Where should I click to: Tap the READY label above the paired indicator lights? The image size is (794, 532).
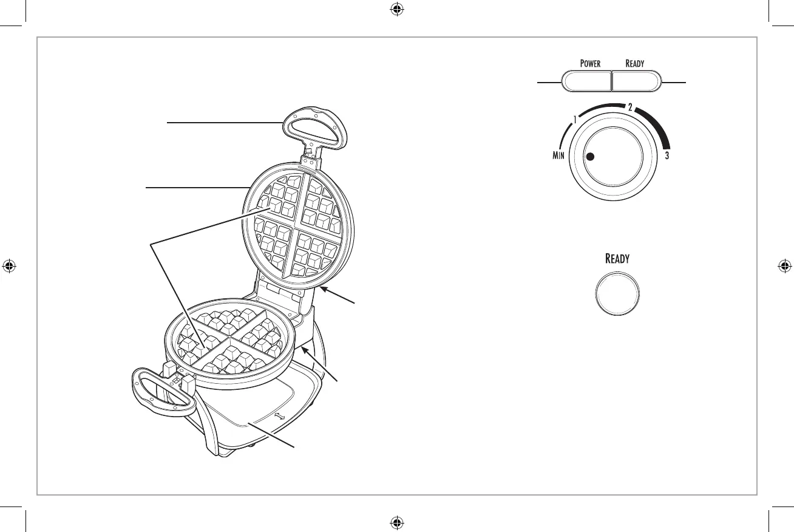click(x=635, y=64)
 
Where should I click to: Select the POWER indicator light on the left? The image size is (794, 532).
click(x=585, y=81)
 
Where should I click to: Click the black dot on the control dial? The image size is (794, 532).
click(x=590, y=156)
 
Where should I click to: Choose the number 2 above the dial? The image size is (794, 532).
click(x=630, y=107)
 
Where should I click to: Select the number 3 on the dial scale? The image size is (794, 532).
click(x=667, y=156)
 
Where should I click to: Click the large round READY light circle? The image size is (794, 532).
click(x=617, y=293)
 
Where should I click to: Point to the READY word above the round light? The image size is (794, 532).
click(x=617, y=259)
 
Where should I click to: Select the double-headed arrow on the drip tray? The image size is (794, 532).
click(x=279, y=417)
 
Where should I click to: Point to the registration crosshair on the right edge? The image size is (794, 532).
click(x=784, y=266)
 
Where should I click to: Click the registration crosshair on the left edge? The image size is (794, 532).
click(x=10, y=266)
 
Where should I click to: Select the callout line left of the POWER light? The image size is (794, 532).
click(x=548, y=81)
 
